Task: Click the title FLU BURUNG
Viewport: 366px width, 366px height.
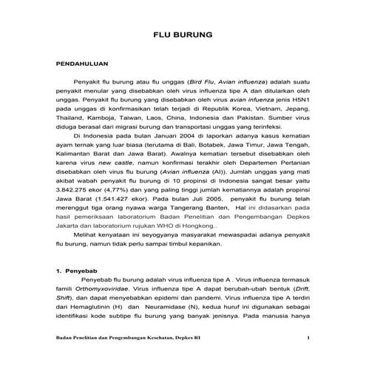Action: point(183,35)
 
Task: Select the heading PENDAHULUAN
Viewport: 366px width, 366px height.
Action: point(87,65)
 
